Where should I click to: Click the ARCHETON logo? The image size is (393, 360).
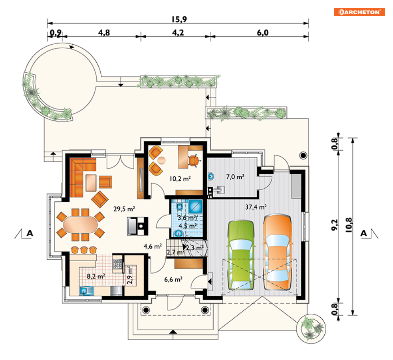click(x=359, y=12)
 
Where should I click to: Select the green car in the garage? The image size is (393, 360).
click(x=241, y=255)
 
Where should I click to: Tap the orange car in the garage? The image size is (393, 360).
click(x=277, y=252)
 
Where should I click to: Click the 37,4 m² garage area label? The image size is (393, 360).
click(x=256, y=207)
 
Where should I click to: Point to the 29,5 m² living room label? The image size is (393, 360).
click(x=124, y=209)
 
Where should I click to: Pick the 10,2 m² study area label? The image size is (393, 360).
click(x=180, y=179)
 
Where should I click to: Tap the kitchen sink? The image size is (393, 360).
click(x=86, y=291)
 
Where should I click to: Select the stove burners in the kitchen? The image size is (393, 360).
click(x=118, y=264)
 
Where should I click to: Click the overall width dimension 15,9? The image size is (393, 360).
click(x=179, y=19)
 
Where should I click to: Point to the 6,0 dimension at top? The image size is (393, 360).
click(x=262, y=33)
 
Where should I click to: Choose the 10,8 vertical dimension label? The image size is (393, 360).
click(x=349, y=225)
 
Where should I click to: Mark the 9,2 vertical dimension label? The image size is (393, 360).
click(x=335, y=225)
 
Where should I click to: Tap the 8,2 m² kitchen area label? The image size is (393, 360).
click(x=96, y=276)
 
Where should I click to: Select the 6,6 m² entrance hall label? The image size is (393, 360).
click(x=173, y=279)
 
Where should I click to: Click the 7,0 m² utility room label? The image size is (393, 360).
click(x=235, y=177)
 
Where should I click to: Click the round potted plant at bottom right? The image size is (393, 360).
click(x=311, y=328)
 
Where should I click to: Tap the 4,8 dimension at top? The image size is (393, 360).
click(x=104, y=33)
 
